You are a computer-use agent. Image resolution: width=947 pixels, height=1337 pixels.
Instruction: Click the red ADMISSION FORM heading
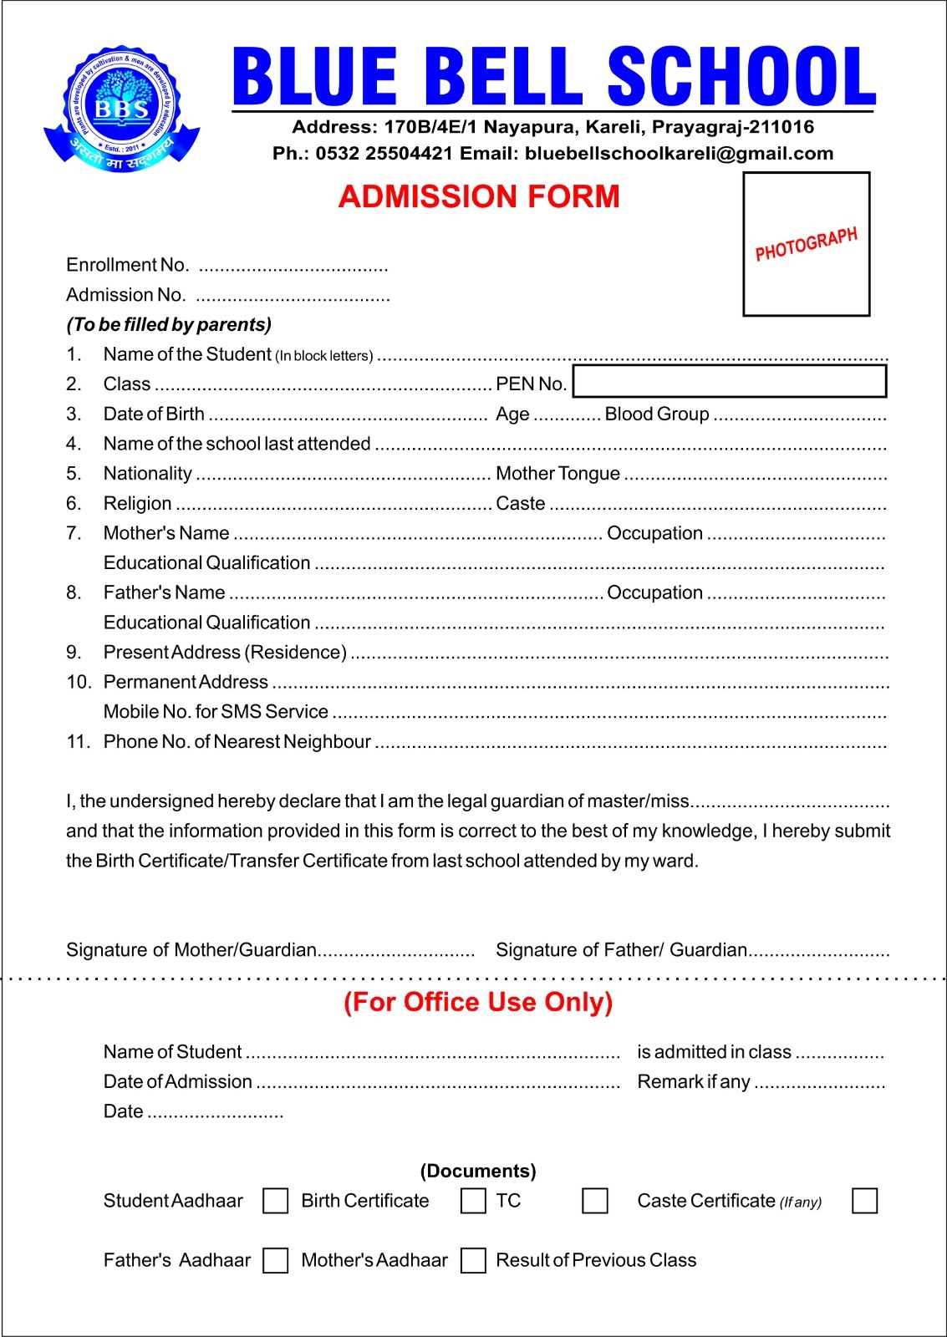click(479, 197)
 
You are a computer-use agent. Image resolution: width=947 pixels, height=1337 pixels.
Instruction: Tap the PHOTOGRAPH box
click(807, 244)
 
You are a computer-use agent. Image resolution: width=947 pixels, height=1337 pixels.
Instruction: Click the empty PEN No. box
click(729, 381)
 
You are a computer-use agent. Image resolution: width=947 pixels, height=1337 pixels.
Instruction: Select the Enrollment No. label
click(127, 266)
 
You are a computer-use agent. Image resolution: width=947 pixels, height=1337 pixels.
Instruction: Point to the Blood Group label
click(657, 414)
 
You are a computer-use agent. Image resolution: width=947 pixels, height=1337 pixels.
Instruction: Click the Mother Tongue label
click(558, 474)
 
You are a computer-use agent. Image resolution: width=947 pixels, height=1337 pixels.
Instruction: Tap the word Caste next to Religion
click(520, 504)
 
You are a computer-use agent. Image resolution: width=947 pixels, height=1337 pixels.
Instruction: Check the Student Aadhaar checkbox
click(275, 1201)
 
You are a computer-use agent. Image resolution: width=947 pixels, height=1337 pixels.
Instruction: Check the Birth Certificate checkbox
click(473, 1201)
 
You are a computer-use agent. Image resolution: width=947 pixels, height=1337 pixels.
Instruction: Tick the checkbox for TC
click(594, 1201)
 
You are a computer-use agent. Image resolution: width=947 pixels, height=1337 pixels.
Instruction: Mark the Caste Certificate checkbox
click(864, 1201)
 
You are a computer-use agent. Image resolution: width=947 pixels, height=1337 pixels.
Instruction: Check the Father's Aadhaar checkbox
click(275, 1260)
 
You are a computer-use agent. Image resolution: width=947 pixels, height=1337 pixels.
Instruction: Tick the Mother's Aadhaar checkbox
click(473, 1260)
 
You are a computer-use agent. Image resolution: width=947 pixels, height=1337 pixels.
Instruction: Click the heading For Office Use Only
click(478, 1002)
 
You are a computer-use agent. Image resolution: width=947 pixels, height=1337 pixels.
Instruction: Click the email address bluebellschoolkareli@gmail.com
click(679, 154)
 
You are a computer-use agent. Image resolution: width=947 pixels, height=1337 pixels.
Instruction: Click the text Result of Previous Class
click(596, 1260)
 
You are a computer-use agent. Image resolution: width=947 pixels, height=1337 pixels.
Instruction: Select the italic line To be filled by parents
click(169, 324)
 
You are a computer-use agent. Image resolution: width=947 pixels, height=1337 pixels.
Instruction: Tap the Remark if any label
click(693, 1082)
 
